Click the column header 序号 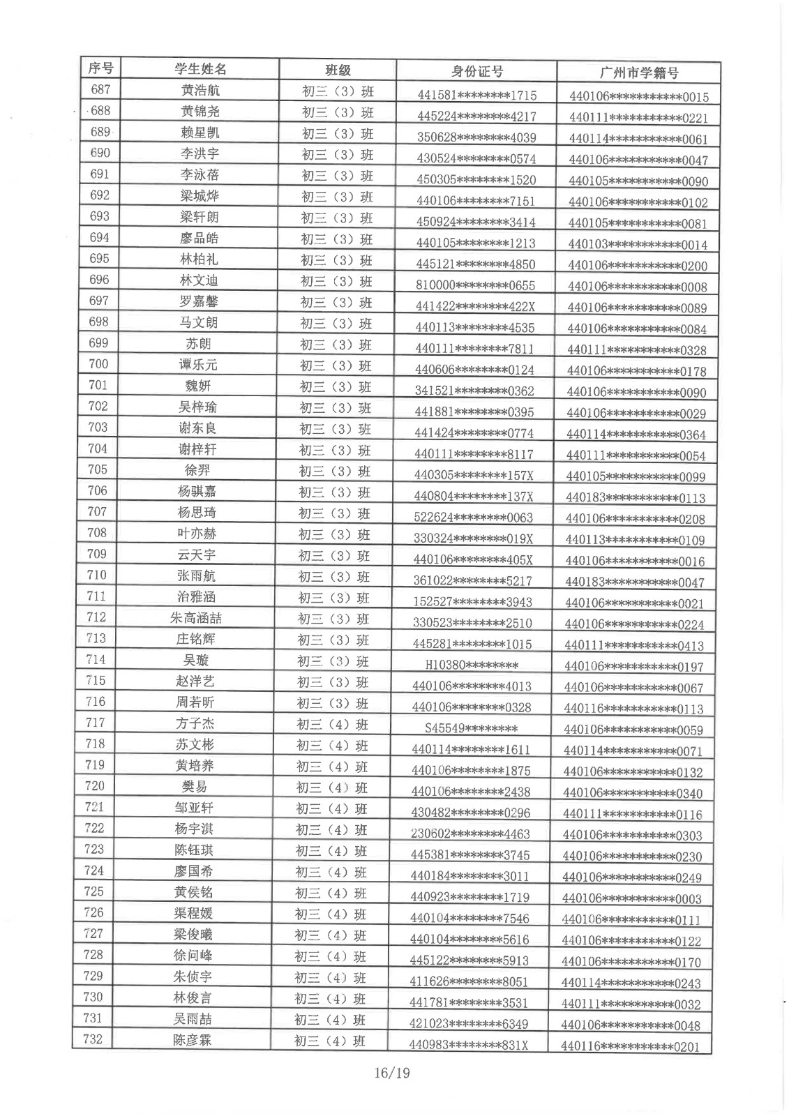(100, 68)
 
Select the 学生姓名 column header (200, 69)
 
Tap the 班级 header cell (338, 70)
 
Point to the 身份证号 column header (476, 71)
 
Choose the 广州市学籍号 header (638, 73)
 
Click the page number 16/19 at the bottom (391, 1073)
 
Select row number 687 (100, 89)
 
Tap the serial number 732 (93, 1039)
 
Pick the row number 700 (99, 363)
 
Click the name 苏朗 (198, 344)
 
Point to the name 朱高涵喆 (196, 618)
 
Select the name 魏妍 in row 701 (197, 386)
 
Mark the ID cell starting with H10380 (472, 665)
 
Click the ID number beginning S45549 (471, 729)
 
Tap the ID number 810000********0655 (475, 285)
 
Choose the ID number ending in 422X (475, 306)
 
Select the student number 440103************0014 (638, 245)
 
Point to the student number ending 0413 (634, 646)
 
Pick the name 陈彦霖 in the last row (193, 1040)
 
